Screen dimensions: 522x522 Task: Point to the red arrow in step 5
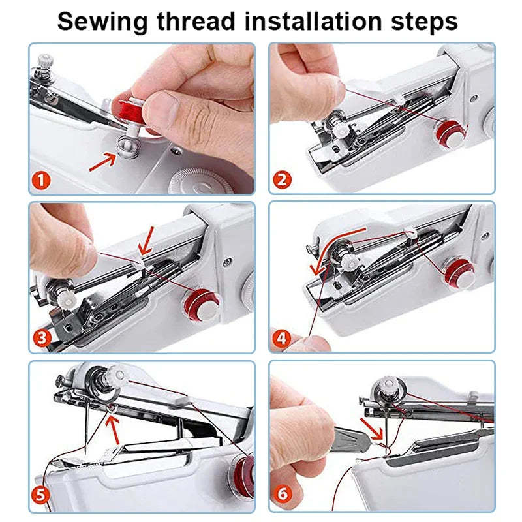point(115,427)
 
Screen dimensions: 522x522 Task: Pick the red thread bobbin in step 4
point(459,272)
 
